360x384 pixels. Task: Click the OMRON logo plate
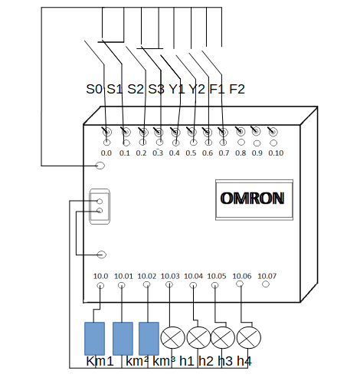coord(254,199)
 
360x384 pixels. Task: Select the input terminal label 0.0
coord(106,153)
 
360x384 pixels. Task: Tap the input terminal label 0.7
coord(224,153)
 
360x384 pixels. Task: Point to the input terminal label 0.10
coord(276,153)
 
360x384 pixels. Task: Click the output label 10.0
coord(100,276)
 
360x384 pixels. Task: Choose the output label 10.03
coord(170,276)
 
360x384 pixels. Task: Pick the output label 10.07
coord(267,276)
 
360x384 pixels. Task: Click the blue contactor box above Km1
coord(94,339)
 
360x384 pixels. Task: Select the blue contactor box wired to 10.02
coord(149,339)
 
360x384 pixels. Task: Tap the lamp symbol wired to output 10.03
coord(172,337)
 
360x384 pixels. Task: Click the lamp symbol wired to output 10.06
coord(249,337)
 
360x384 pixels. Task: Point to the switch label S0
coord(94,89)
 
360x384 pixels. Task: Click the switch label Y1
coord(177,89)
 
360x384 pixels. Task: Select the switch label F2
coord(237,89)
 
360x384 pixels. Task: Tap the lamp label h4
coord(244,361)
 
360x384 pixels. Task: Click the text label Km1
coord(100,361)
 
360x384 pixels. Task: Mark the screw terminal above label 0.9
coord(256,131)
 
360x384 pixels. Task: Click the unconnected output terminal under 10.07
coord(266,284)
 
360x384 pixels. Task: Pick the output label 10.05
coord(217,276)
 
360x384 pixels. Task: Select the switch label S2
coord(136,89)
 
